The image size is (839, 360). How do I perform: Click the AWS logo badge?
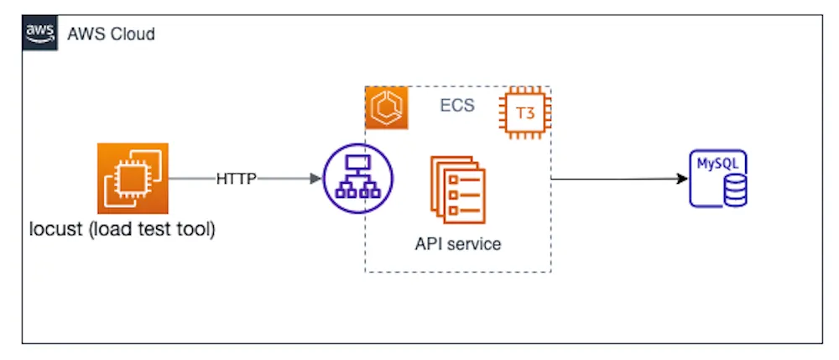point(39,34)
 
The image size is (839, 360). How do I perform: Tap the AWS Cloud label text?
point(111,34)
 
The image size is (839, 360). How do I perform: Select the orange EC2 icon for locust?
point(133,178)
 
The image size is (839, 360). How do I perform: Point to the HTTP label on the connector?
point(237,179)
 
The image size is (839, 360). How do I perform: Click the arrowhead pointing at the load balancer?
point(315,179)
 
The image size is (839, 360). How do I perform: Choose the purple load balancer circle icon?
point(358,178)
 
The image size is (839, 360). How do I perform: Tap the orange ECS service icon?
point(386,107)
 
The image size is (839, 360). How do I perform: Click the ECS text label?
point(457,106)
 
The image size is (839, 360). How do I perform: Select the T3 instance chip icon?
point(525,113)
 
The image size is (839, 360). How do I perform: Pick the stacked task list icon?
point(458,190)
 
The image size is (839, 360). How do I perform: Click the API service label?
point(458,244)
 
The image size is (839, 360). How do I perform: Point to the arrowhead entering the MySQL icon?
point(682,179)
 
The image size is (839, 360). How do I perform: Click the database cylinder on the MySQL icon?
point(735,192)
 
